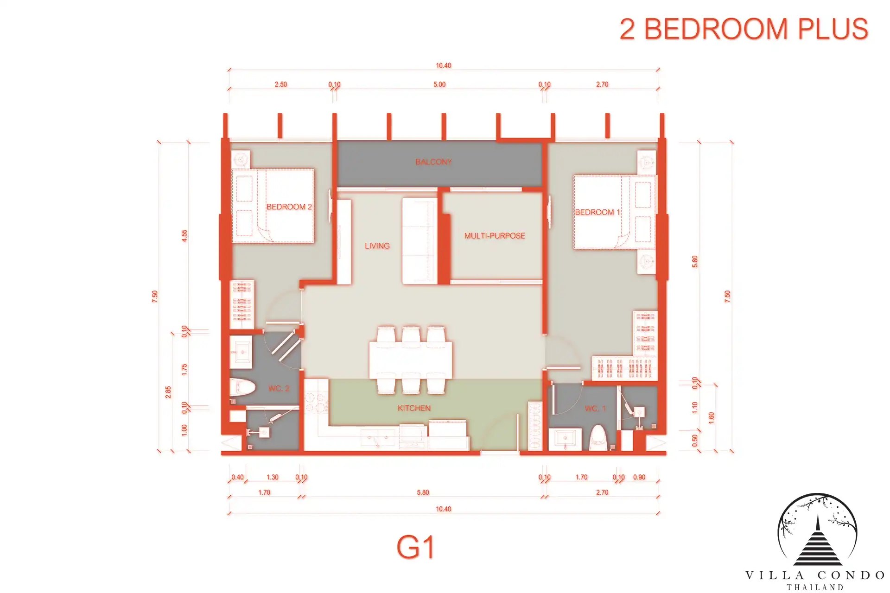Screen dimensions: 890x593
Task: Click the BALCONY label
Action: point(433,162)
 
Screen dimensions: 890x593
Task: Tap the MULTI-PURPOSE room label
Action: point(495,235)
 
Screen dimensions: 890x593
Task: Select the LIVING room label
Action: point(377,246)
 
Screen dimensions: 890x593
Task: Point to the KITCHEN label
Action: point(414,408)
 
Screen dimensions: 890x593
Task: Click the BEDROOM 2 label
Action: point(289,207)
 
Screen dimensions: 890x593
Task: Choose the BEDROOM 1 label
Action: point(597,212)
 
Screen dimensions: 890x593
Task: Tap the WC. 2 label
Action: point(279,388)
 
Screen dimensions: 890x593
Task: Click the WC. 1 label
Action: point(595,409)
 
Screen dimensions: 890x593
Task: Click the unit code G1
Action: point(415,547)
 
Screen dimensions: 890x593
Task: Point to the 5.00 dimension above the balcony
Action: point(439,84)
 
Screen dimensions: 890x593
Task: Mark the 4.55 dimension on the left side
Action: point(184,235)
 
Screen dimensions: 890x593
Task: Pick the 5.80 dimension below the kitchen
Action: point(423,492)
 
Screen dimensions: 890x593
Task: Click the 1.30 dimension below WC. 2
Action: point(273,477)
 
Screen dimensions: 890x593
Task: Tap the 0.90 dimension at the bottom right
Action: point(639,477)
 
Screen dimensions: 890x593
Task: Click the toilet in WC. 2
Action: point(242,388)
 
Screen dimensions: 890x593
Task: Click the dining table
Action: point(411,360)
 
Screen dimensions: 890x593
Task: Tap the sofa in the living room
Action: point(420,241)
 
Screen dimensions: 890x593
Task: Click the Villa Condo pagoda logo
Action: point(817,530)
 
